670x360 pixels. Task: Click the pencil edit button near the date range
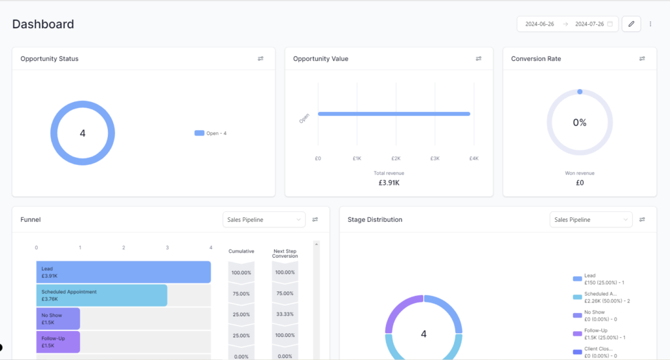point(631,24)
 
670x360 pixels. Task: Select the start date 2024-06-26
point(540,24)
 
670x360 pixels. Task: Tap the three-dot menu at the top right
point(650,24)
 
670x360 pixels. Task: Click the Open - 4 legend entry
point(210,134)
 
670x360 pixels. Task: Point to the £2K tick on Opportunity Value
point(396,158)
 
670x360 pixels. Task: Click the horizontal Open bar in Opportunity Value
point(394,114)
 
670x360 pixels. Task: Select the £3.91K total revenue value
point(389,183)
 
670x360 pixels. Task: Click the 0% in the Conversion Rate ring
point(580,122)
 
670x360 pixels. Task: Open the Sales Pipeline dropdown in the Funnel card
point(264,220)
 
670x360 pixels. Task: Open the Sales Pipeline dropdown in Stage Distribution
point(591,220)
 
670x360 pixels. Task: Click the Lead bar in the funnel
point(124,272)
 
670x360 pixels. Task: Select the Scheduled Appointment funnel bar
point(101,295)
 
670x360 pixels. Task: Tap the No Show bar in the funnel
point(58,319)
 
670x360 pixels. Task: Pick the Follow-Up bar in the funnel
point(58,342)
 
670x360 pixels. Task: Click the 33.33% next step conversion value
point(285,315)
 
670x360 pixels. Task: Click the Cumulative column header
point(241,251)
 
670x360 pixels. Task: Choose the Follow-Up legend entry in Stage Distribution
point(595,334)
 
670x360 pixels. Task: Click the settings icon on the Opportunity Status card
point(260,59)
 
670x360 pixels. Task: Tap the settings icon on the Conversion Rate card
point(642,59)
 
